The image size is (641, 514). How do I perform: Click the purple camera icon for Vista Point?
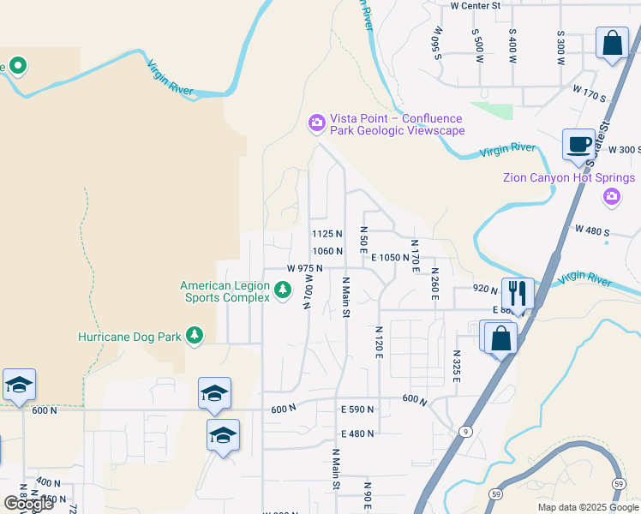[317, 124]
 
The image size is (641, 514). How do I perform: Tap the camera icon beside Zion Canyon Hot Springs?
[611, 198]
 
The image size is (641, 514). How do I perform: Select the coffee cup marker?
[579, 144]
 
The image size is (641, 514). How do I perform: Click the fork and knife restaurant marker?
[518, 292]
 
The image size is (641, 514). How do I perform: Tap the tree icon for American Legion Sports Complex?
[284, 292]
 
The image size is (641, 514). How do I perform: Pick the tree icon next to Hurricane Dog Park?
[195, 336]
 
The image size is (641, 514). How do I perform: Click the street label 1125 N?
[326, 234]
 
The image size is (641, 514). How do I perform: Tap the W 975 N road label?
[304, 268]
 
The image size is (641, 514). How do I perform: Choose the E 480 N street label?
[357, 433]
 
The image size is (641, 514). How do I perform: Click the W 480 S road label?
[591, 230]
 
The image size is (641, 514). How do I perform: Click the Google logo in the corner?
[27, 504]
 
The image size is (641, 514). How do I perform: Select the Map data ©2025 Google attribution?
[587, 507]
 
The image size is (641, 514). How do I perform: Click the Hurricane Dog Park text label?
[129, 337]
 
